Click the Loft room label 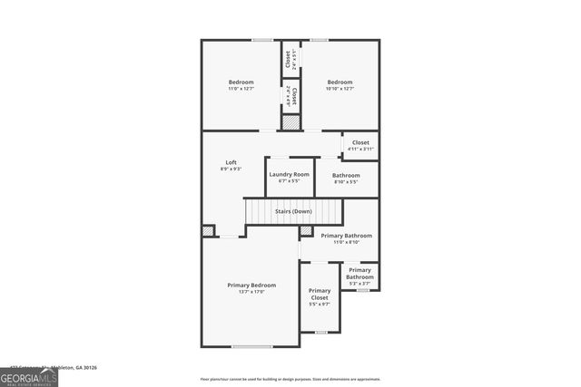coord(231,162)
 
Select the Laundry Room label coord(289,174)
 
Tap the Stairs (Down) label coord(293,211)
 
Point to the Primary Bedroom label coord(251,285)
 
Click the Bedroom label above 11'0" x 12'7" coord(241,82)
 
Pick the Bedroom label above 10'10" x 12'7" coord(340,82)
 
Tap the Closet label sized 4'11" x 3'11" coord(360,142)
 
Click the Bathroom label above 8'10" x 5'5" coord(346,175)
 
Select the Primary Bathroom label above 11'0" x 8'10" coord(346,236)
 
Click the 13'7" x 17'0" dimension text coord(251,292)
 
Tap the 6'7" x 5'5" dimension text coord(289,181)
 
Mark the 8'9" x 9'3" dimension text coord(231,169)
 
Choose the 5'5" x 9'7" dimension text coord(320,305)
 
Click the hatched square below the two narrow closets coord(290,121)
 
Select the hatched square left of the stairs coord(209,231)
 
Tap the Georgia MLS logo coord(28,374)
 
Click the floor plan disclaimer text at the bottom coord(290,379)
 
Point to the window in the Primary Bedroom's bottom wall coord(251,346)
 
